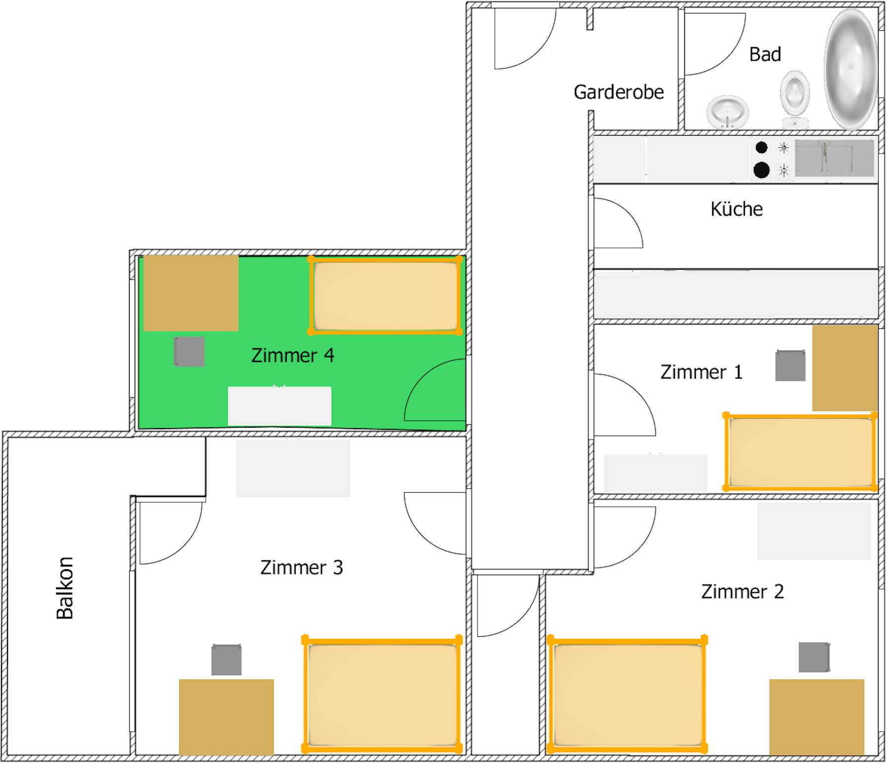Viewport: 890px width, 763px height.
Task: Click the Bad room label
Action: coord(765,54)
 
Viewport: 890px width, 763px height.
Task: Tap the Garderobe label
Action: coord(619,92)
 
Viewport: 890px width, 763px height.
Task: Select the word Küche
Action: coord(736,209)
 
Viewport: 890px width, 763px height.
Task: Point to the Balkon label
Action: coord(65,588)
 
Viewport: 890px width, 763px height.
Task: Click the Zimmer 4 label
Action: coord(293,355)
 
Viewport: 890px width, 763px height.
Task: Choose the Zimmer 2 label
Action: coord(742,592)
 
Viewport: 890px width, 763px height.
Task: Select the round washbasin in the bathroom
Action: coord(728,112)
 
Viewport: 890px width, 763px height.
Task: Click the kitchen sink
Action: coord(834,158)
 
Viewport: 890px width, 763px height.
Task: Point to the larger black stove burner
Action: coord(761,170)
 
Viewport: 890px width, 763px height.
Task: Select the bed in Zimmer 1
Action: coord(800,452)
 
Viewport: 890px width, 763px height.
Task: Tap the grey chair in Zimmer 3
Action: coord(227,660)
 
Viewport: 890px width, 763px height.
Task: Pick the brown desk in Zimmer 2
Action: coord(816,717)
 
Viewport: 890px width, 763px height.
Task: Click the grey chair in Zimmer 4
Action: coord(189,352)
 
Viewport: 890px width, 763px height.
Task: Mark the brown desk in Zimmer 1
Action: coord(845,368)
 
